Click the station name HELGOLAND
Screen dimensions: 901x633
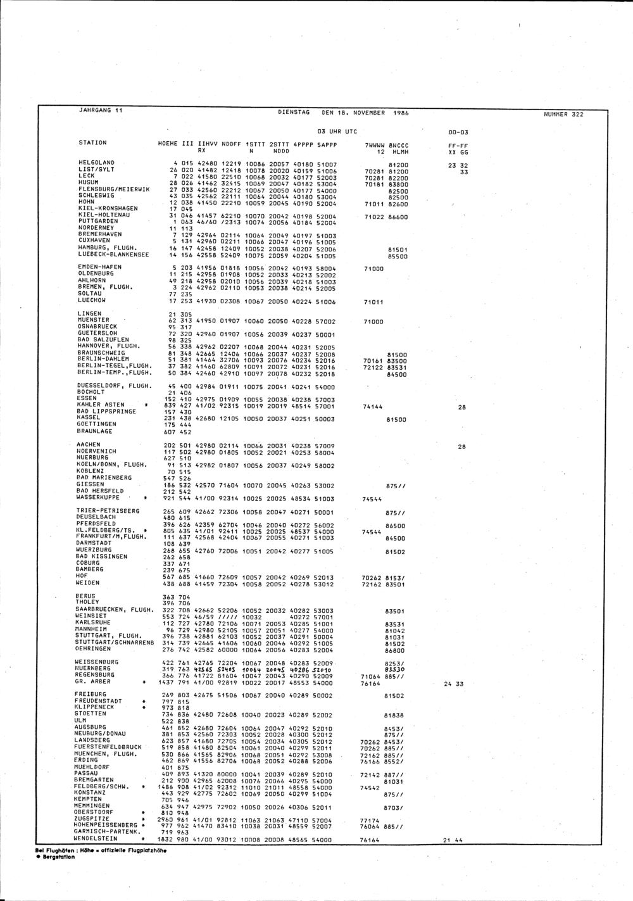95,163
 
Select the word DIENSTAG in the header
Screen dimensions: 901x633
294,113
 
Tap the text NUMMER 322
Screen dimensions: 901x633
563,115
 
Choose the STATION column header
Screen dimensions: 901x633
92,143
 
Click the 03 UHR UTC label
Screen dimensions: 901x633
337,132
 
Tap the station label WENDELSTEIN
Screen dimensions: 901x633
96,839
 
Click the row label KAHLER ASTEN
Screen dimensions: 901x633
100,405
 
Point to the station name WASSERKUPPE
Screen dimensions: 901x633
98,498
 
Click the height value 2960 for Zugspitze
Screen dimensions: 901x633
165,819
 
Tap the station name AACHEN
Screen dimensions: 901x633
88,445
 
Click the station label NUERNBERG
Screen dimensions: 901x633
93,669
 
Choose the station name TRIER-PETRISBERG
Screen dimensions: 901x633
108,510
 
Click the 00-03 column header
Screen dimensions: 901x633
458,132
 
